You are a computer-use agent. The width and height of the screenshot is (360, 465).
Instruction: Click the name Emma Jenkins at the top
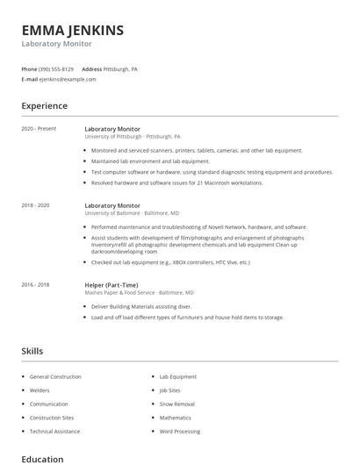point(72,31)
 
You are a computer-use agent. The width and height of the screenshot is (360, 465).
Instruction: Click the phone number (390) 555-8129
point(56,68)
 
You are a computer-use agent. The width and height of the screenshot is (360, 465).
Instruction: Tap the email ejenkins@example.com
point(68,79)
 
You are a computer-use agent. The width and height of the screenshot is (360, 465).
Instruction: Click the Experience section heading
point(44,106)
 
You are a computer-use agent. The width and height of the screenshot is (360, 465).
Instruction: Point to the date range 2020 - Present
point(39,129)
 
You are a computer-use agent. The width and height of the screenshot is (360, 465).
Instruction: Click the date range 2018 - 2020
point(35,205)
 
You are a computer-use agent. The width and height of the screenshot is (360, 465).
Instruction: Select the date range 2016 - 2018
point(35,285)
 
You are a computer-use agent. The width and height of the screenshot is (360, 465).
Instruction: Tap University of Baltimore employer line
point(132,213)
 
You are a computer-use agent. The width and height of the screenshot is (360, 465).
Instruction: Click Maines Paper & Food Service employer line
point(139,293)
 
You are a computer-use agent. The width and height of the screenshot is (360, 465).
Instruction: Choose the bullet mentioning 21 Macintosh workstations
point(176,182)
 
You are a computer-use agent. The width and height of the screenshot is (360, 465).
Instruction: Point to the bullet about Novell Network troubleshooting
point(199,226)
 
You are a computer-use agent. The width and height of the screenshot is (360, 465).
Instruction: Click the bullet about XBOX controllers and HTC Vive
point(170,262)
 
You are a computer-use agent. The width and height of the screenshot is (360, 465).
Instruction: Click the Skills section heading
point(32,351)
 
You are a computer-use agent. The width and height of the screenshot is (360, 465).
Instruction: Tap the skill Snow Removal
point(176,404)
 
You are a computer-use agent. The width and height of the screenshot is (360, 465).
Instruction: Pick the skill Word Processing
point(179,433)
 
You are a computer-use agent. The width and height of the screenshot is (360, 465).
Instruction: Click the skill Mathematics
point(176,418)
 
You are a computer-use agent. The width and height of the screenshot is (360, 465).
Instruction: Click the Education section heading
point(42,459)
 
